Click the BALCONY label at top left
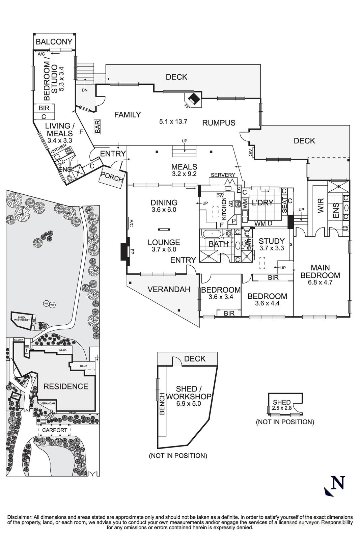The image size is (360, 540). [x=54, y=42]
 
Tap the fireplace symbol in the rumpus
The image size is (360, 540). [x=193, y=99]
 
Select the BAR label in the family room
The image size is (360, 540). [x=98, y=127]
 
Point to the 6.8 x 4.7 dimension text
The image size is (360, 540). [x=320, y=282]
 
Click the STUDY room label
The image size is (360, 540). [x=272, y=241]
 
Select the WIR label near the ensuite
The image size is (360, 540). [x=321, y=207]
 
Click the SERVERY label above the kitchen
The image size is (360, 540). [x=223, y=175]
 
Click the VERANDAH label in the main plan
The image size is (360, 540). [x=169, y=289]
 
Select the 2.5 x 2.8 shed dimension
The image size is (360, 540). [x=281, y=408]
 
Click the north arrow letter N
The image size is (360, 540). [x=338, y=482]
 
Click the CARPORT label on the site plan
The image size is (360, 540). [x=55, y=430]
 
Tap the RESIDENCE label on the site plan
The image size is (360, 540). [x=65, y=386]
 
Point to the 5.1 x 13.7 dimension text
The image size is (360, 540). [x=173, y=122]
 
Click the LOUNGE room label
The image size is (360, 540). [x=164, y=242]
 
